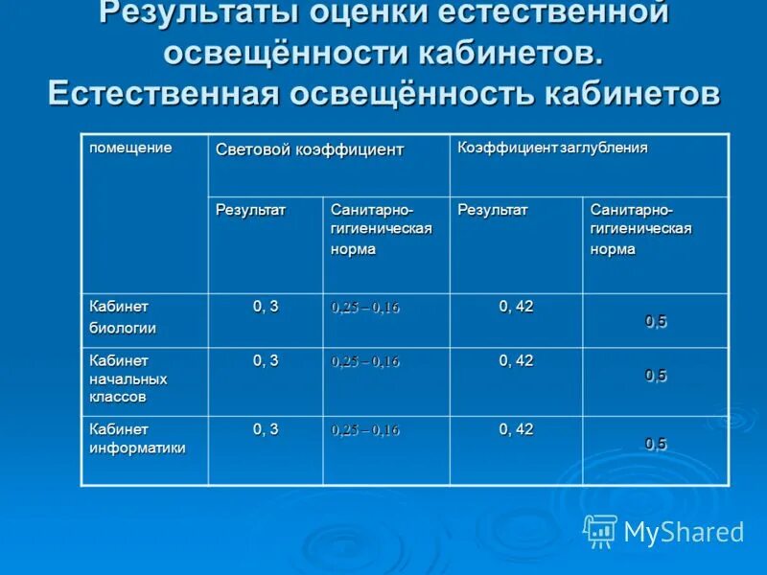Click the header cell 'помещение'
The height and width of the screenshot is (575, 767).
(130, 148)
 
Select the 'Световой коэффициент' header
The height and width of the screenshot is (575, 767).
(310, 149)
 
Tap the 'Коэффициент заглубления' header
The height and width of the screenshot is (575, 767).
(552, 148)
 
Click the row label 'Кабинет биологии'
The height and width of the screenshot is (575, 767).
(123, 317)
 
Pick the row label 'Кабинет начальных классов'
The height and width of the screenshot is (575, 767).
(128, 378)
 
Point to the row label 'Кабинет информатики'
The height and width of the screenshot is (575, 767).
(137, 438)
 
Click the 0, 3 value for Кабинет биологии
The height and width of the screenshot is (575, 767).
(266, 307)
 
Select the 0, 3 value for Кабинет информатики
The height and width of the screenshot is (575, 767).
(266, 429)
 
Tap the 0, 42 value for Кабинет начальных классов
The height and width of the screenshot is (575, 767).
(516, 360)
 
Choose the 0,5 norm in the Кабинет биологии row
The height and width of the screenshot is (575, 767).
(656, 322)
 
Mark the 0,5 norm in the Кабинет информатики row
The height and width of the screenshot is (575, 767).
(656, 443)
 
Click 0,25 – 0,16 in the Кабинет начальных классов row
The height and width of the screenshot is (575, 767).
(365, 362)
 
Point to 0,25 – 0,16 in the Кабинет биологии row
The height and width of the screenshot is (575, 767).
(365, 308)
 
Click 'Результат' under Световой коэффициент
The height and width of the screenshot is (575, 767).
(250, 209)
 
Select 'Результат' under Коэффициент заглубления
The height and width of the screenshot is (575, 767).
(493, 209)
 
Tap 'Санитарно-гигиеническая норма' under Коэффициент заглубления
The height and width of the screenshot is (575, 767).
(640, 229)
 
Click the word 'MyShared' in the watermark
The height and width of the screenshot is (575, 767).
(684, 532)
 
